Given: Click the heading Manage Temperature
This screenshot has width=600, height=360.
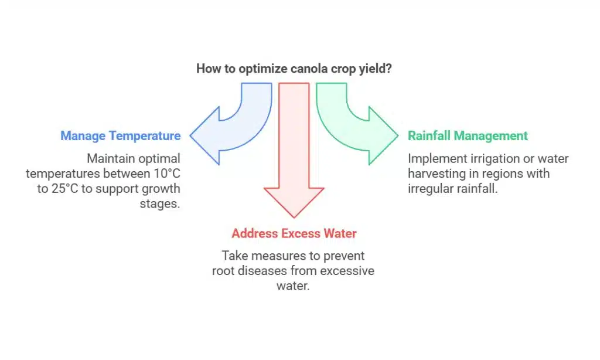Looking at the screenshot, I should pyautogui.click(x=120, y=136).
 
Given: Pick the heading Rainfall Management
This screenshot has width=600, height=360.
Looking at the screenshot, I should pyautogui.click(x=468, y=136).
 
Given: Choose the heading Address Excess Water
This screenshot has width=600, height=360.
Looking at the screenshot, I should pyautogui.click(x=294, y=233).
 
